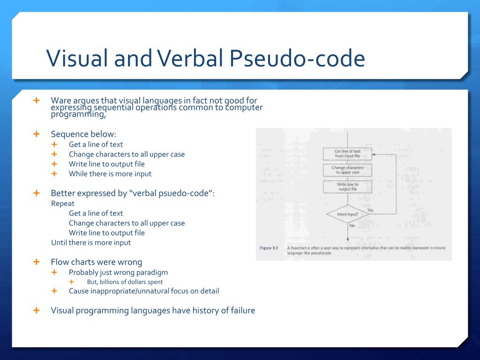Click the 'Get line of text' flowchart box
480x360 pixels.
point(347,154)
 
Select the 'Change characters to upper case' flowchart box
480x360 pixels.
point(347,170)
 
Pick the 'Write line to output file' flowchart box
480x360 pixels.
point(347,187)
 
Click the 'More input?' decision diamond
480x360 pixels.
point(347,215)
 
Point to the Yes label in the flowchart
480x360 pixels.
point(370,210)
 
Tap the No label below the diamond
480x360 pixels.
point(352,225)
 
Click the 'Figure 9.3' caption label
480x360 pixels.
point(270,247)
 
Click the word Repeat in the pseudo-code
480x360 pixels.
point(63,203)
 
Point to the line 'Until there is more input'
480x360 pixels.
point(91,242)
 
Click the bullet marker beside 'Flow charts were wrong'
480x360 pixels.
point(37,262)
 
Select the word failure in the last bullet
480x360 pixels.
point(240,310)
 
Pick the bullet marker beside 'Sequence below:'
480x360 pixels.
point(37,134)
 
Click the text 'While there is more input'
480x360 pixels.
point(110,173)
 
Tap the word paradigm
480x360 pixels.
point(151,272)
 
